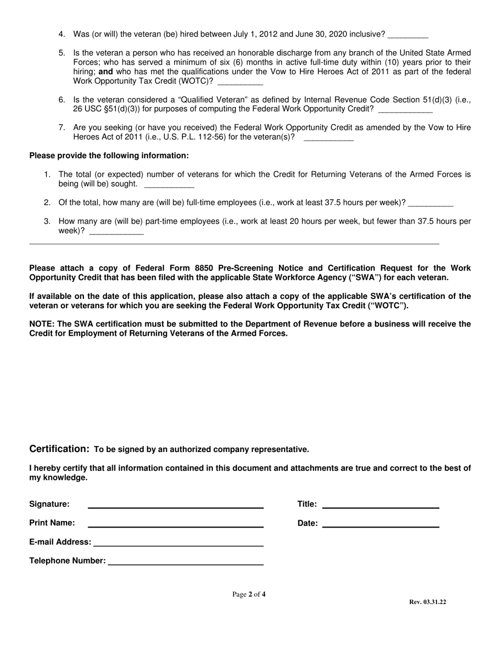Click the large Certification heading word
(59, 449)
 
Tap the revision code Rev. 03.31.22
(427, 603)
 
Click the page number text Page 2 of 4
(249, 595)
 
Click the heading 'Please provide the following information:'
(109, 156)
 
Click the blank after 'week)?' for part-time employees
(116, 232)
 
